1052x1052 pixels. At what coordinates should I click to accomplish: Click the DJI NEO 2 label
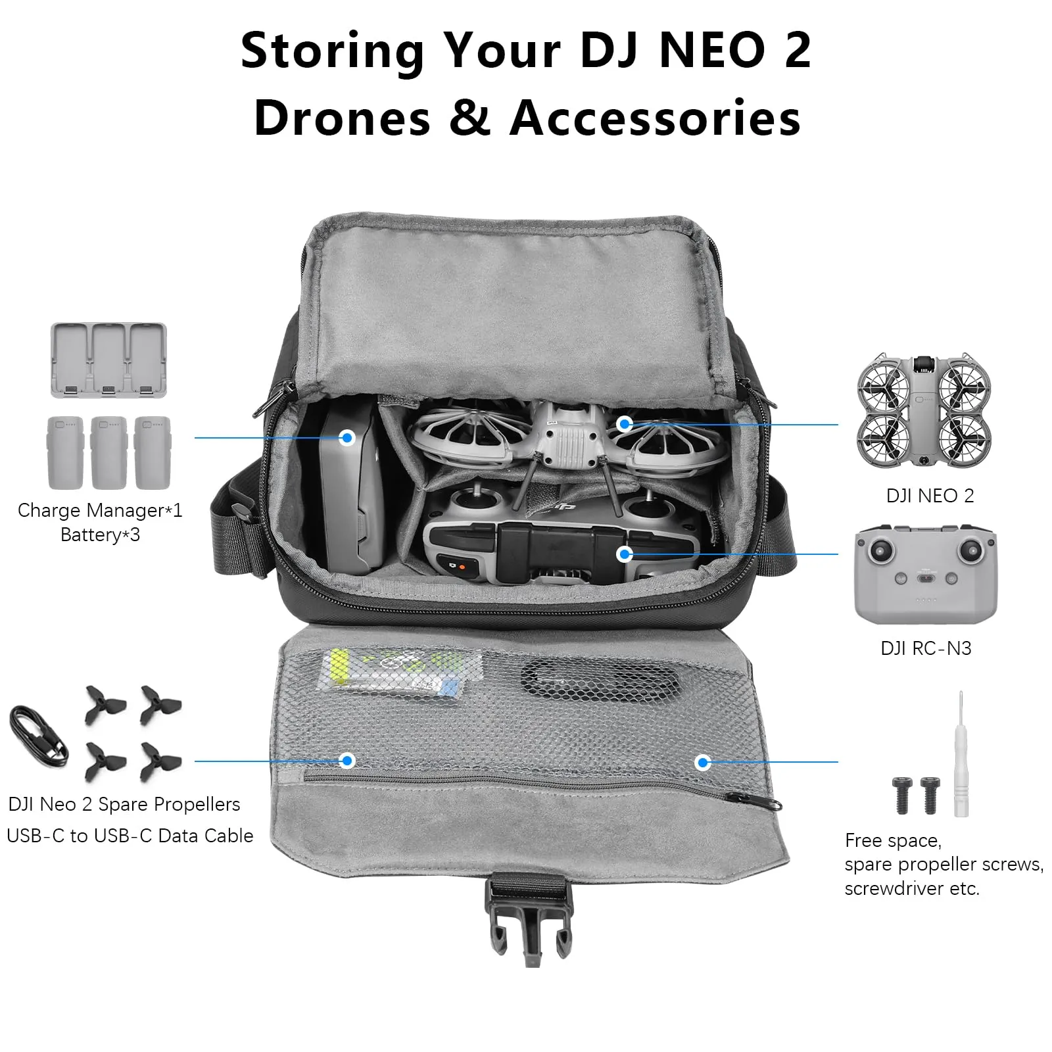[x=930, y=496]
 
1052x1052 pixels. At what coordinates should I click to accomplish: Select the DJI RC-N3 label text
[x=926, y=648]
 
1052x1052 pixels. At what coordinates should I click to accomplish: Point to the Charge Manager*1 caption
[x=100, y=510]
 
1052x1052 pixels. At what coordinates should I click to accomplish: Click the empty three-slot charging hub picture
[x=108, y=360]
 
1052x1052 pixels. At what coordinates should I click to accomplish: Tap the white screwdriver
[x=961, y=754]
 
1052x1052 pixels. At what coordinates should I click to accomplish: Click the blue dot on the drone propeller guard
[x=625, y=424]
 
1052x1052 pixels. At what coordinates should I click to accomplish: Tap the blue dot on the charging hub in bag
[x=347, y=438]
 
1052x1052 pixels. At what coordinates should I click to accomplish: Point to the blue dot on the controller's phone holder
[x=625, y=554]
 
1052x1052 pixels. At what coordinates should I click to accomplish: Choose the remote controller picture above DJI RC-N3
[x=925, y=573]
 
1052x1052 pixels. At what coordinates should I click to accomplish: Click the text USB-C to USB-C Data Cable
[x=130, y=836]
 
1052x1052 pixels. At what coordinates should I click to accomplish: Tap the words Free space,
[x=893, y=841]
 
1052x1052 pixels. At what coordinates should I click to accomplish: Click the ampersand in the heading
[x=469, y=118]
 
